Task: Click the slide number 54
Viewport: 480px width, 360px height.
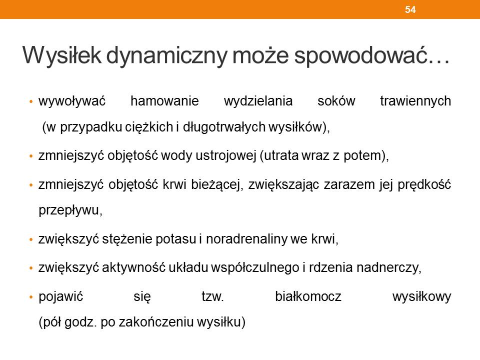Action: [410, 9]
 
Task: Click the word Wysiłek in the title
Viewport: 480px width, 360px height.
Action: [62, 55]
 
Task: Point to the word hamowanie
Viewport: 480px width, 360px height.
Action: [164, 100]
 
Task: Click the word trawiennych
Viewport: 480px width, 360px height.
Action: [415, 101]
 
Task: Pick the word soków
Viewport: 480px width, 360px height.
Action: [336, 100]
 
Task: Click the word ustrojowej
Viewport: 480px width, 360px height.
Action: [226, 156]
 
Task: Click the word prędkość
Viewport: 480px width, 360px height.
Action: [424, 185]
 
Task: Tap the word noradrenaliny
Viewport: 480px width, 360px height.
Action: [246, 239]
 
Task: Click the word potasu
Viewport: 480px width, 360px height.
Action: [175, 239]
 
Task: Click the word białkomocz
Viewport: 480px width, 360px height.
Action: [308, 296]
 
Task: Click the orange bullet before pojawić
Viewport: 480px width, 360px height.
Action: [30, 297]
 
